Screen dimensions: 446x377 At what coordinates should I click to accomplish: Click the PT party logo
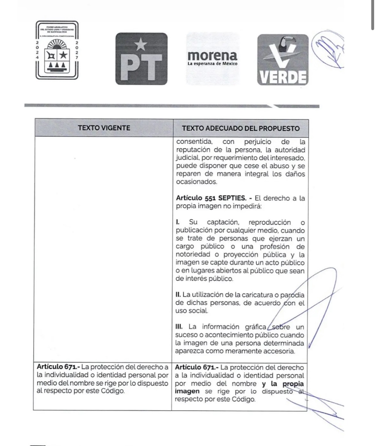click(141, 59)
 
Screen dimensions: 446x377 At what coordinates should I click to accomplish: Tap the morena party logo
click(212, 59)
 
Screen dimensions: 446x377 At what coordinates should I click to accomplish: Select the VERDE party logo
click(283, 60)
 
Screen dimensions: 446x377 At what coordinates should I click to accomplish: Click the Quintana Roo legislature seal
click(57, 50)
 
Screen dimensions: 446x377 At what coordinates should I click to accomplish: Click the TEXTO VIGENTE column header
click(104, 128)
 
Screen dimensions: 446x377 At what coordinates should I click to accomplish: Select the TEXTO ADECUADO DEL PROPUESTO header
click(240, 128)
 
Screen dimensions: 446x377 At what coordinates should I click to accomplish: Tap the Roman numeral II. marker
click(178, 294)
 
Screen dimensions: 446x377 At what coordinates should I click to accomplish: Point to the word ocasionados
click(196, 182)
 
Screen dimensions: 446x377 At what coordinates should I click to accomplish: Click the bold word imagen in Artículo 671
click(187, 391)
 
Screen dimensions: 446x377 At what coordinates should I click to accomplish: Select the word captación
click(223, 222)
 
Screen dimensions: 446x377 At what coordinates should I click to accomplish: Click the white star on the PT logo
click(141, 45)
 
